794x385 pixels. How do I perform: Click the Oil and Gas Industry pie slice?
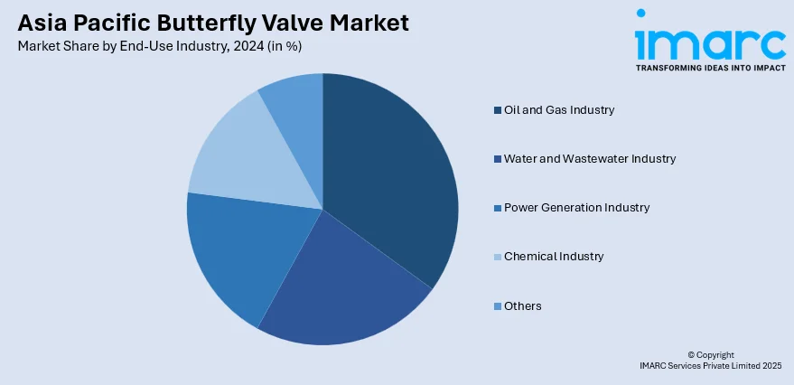(x=388, y=172)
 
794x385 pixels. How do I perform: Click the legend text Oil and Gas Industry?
(x=559, y=110)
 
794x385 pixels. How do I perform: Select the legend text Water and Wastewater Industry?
(x=590, y=159)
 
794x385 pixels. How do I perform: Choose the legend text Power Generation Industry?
(x=576, y=208)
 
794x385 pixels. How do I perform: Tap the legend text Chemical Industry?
(x=554, y=257)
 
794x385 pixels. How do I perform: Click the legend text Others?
(x=523, y=306)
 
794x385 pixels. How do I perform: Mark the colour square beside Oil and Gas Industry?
(x=498, y=110)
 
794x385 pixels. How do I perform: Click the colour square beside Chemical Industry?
(x=498, y=257)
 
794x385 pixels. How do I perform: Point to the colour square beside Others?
(x=498, y=306)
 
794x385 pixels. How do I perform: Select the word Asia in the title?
(x=42, y=23)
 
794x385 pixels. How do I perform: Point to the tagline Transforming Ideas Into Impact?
(x=710, y=68)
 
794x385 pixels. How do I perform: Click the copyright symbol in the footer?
(x=692, y=355)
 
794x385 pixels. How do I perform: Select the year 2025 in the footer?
(x=771, y=366)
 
